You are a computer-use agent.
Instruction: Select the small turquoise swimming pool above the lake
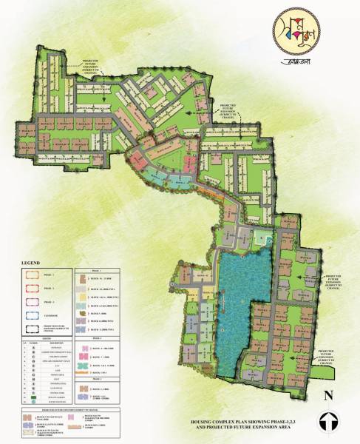[261, 238]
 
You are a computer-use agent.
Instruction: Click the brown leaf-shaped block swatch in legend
[84, 390]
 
